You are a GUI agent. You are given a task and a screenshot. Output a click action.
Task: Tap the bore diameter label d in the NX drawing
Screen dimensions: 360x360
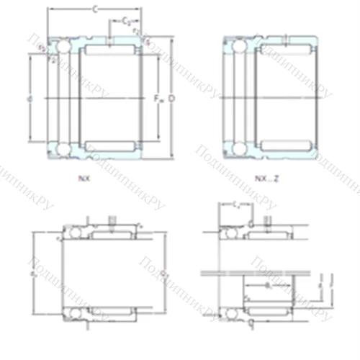click(28, 98)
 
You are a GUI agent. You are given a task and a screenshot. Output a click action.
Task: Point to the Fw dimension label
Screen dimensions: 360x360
click(160, 98)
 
